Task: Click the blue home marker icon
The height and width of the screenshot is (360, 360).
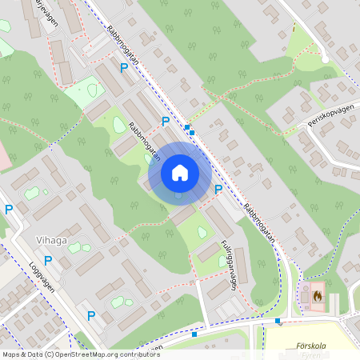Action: click(180, 173)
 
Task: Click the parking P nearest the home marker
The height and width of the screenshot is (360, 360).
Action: click(218, 190)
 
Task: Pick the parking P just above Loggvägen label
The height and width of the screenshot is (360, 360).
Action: click(48, 260)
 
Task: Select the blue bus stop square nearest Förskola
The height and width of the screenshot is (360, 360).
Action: click(278, 321)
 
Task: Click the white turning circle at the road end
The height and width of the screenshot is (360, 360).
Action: click(326, 58)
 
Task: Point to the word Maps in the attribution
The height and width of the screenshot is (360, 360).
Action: click(11, 354)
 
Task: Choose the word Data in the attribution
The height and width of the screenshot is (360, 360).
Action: click(34, 354)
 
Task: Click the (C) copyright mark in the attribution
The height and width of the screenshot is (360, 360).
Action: click(50, 354)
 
